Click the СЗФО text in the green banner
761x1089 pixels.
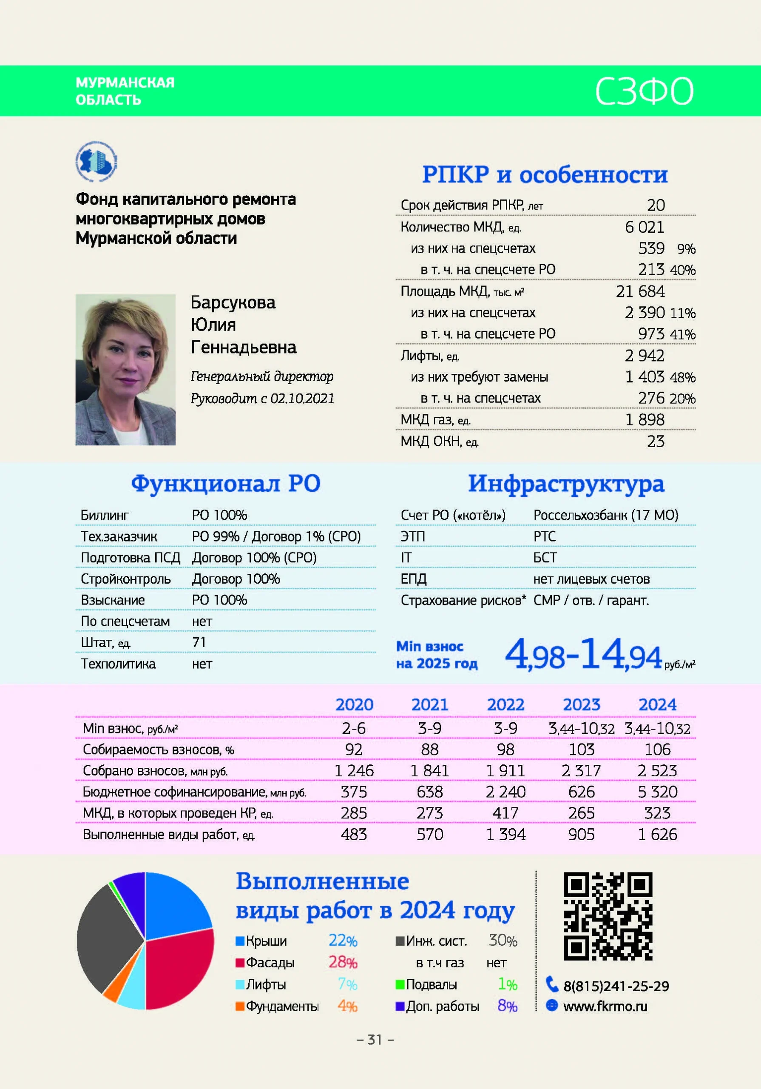pos(644,91)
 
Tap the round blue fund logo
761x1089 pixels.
pos(96,161)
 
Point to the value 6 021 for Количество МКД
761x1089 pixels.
pos(645,227)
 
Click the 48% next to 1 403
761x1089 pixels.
pos(683,378)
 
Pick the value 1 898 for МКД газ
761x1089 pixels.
pos(645,420)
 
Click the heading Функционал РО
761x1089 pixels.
pos(226,484)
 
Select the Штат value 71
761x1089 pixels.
pos(199,642)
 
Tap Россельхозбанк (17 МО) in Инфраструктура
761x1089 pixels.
pos(605,515)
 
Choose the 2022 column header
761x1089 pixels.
pos(505,705)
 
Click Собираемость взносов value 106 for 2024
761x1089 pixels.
pos(657,750)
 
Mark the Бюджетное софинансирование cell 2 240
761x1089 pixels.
pos(505,792)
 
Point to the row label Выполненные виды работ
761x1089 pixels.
pos(169,834)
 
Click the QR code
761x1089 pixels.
pos(608,915)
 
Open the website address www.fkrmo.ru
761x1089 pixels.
pos(605,1006)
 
